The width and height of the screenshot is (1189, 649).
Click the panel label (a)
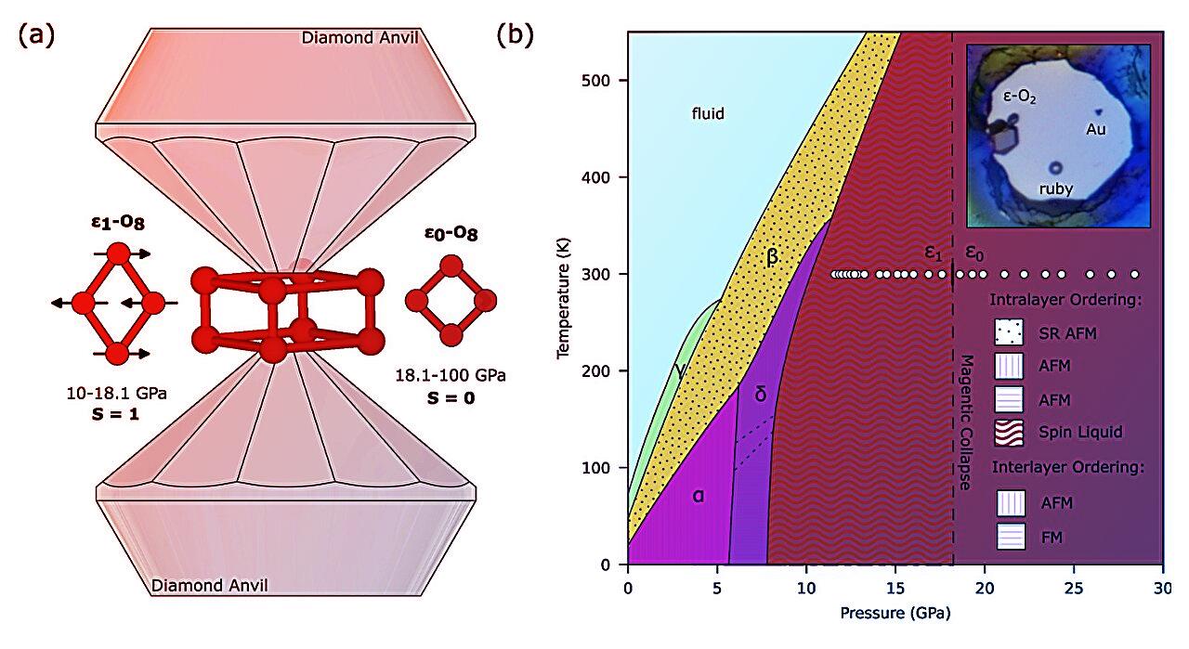(x=36, y=35)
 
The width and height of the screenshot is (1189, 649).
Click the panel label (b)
(x=516, y=35)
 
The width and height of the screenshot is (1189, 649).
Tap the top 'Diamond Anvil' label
(x=359, y=38)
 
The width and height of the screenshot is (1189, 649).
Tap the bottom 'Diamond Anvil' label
(x=209, y=585)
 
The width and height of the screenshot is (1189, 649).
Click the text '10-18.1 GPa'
(x=115, y=394)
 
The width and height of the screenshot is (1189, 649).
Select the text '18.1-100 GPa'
(x=451, y=375)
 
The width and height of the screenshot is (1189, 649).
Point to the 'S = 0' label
(x=451, y=397)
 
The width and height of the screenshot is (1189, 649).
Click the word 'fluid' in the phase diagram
(x=707, y=114)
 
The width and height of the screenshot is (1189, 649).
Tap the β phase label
(x=772, y=257)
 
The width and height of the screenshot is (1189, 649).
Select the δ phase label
(x=760, y=395)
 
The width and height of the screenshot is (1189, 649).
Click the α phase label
(x=698, y=495)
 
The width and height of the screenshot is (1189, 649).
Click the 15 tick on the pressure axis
(x=895, y=589)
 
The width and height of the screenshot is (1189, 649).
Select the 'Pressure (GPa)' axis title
(x=895, y=613)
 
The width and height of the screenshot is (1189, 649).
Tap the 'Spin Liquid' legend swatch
(x=1010, y=432)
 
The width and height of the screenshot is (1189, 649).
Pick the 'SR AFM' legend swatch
(x=1010, y=331)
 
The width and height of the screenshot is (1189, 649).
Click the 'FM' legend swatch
(x=1010, y=536)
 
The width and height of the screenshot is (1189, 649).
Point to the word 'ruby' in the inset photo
(x=1055, y=188)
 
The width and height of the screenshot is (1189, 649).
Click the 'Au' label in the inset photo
(x=1096, y=130)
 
